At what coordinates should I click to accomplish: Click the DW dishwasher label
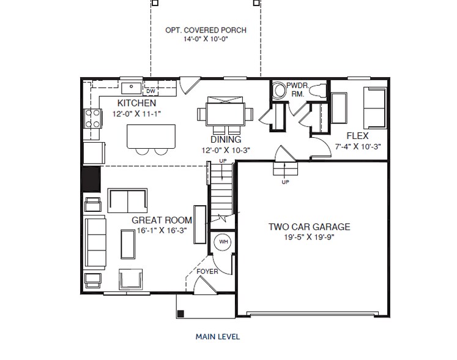pyautogui.click(x=150, y=91)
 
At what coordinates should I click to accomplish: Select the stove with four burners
pyautogui.click(x=93, y=118)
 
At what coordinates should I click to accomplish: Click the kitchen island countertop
pyautogui.click(x=151, y=137)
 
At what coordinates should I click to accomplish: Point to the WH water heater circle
pyautogui.click(x=223, y=242)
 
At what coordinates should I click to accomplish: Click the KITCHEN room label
pyautogui.click(x=136, y=103)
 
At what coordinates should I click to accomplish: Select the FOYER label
pyautogui.click(x=207, y=272)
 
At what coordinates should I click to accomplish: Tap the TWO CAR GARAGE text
pyautogui.click(x=309, y=227)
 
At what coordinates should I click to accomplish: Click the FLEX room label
pyautogui.click(x=358, y=136)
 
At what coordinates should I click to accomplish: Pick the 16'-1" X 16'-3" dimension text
pyautogui.click(x=162, y=230)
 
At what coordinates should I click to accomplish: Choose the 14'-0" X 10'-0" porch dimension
pyautogui.click(x=206, y=39)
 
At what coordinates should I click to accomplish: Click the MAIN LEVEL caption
pyautogui.click(x=218, y=337)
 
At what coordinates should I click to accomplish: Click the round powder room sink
pyautogui.click(x=280, y=89)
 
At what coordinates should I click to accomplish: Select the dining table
pyautogui.click(x=225, y=114)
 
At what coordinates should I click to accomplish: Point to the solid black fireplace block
pyautogui.click(x=92, y=179)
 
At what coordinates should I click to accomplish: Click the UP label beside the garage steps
pyautogui.click(x=285, y=182)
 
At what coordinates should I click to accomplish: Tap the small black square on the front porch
pyautogui.click(x=180, y=313)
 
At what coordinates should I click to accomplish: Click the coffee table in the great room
pyautogui.click(x=128, y=244)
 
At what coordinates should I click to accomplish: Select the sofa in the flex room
pyautogui.click(x=375, y=108)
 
